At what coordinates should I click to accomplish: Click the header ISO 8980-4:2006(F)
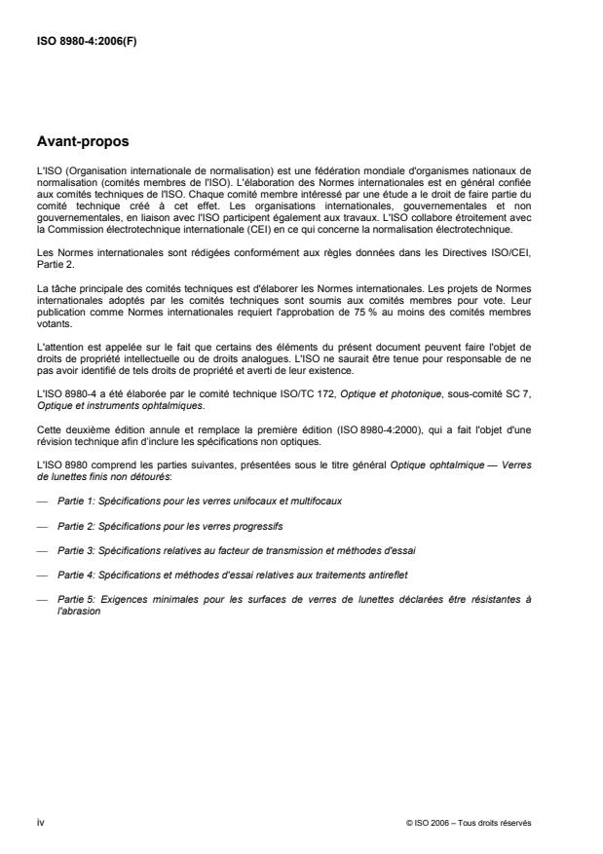tap(87, 41)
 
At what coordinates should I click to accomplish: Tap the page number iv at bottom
tap(40, 822)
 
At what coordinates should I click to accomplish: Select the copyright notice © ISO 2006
tap(469, 823)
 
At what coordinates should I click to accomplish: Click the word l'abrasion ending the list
tap(76, 610)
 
